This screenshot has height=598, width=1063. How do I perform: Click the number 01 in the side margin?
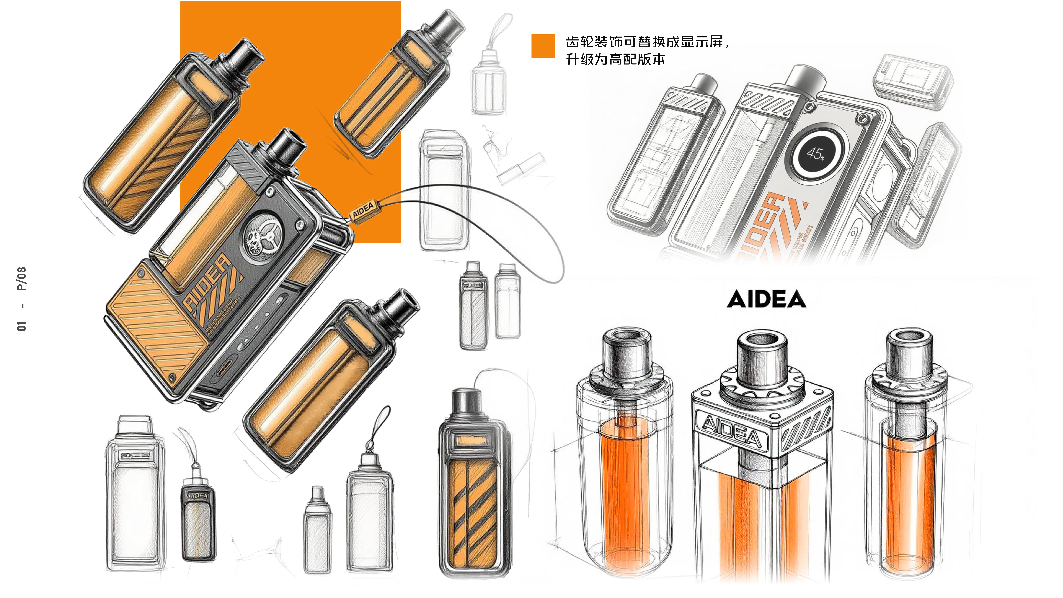point(22,326)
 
